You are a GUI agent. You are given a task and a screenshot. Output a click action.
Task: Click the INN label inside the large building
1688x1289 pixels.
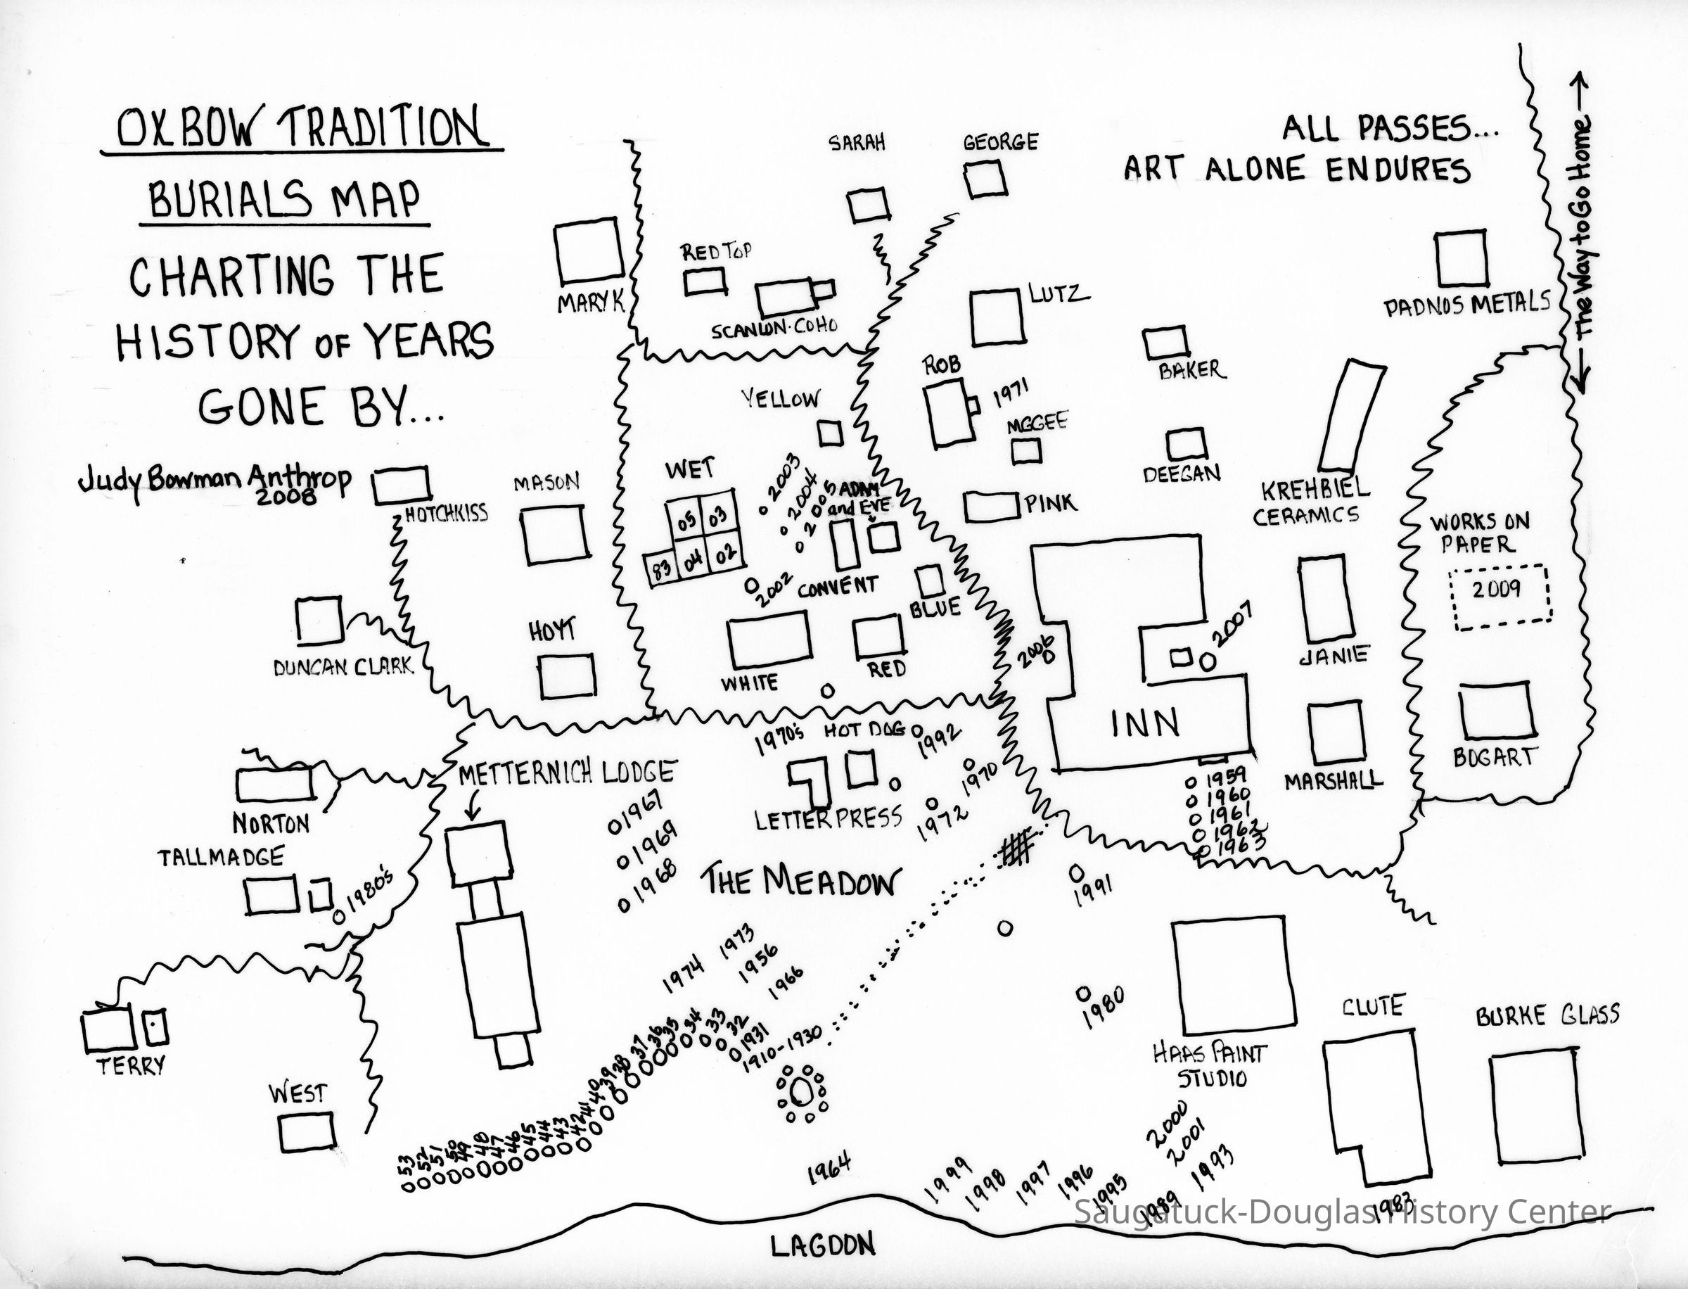pos(1145,723)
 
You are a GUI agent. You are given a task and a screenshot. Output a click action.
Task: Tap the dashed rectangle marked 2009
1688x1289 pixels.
pos(1499,597)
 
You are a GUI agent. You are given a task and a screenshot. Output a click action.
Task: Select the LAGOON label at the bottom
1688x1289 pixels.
pos(822,1246)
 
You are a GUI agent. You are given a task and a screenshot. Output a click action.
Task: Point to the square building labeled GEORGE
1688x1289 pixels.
pos(984,178)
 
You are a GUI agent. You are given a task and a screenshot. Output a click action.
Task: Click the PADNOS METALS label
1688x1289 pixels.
pos(1466,305)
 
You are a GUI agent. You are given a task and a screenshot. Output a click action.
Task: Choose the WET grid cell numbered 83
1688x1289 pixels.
pos(661,569)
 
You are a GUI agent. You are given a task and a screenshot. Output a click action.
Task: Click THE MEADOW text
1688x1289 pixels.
pos(799,882)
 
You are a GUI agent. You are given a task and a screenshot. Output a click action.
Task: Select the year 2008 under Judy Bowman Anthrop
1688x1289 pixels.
pos(286,497)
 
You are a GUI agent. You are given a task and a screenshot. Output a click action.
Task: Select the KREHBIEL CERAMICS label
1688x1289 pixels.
pos(1310,502)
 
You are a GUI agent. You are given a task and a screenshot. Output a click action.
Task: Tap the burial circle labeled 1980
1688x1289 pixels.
pos(1083,993)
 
